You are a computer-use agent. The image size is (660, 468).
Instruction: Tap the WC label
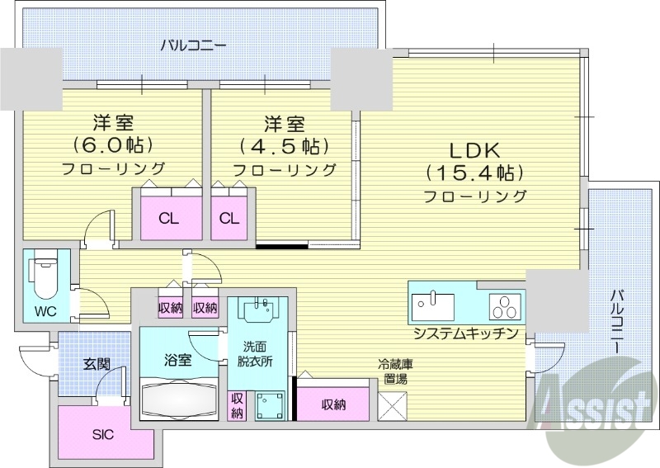click(x=45, y=312)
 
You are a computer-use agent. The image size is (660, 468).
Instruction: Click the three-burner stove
click(x=504, y=305)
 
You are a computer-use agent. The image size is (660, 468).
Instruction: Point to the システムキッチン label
click(x=466, y=333)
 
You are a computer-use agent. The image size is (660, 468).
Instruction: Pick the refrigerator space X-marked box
click(x=392, y=406)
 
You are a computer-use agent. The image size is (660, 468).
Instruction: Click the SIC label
click(x=102, y=434)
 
